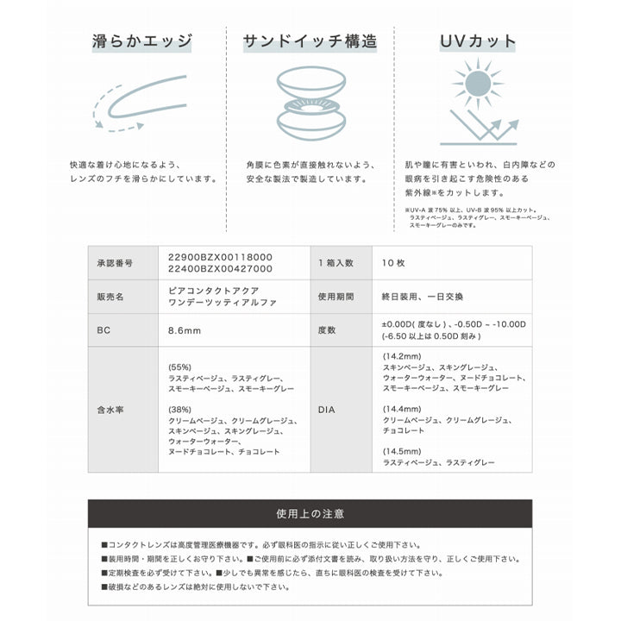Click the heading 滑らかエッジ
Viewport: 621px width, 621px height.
point(141,41)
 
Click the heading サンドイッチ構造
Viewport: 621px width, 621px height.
point(310,41)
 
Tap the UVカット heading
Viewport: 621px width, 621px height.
point(479,41)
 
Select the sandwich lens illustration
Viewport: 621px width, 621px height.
point(310,107)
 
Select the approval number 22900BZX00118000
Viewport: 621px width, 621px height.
point(220,257)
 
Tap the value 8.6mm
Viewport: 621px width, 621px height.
point(185,329)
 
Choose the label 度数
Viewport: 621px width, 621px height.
point(327,329)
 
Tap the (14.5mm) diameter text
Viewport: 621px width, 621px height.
point(402,449)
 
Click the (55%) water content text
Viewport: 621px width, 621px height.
point(180,366)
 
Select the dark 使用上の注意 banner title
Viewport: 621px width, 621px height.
point(310,513)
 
